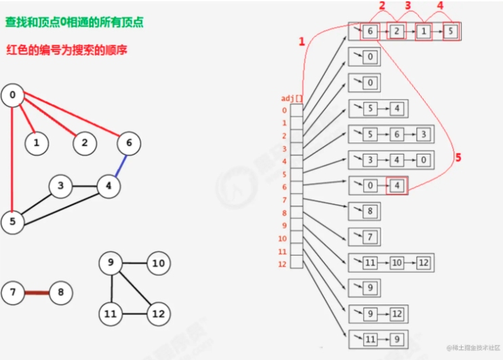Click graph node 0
12,96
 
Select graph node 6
129,143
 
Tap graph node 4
108,186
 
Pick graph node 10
159,264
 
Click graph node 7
13,292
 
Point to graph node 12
159,314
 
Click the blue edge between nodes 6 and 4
121,165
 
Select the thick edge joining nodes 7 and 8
37,293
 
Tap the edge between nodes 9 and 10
134,263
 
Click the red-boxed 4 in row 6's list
397,186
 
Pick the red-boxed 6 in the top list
370,31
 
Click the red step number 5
458,157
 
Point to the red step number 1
302,41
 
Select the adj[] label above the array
292,98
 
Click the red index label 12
282,264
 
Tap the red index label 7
284,200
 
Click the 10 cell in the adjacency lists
397,263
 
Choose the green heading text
75,22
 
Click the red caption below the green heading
66,50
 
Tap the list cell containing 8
370,211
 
